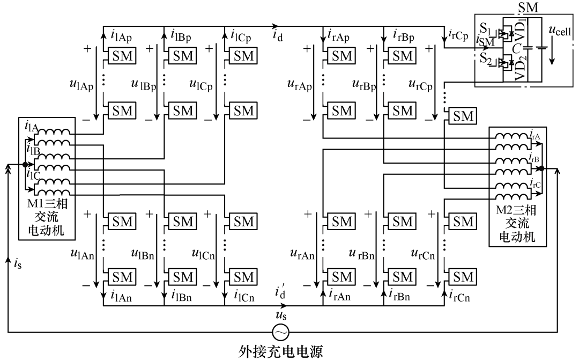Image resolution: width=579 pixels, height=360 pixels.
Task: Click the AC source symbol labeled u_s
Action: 279,330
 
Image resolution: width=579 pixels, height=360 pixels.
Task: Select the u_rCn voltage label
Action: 422,252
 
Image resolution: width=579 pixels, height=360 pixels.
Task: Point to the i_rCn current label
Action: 460,295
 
